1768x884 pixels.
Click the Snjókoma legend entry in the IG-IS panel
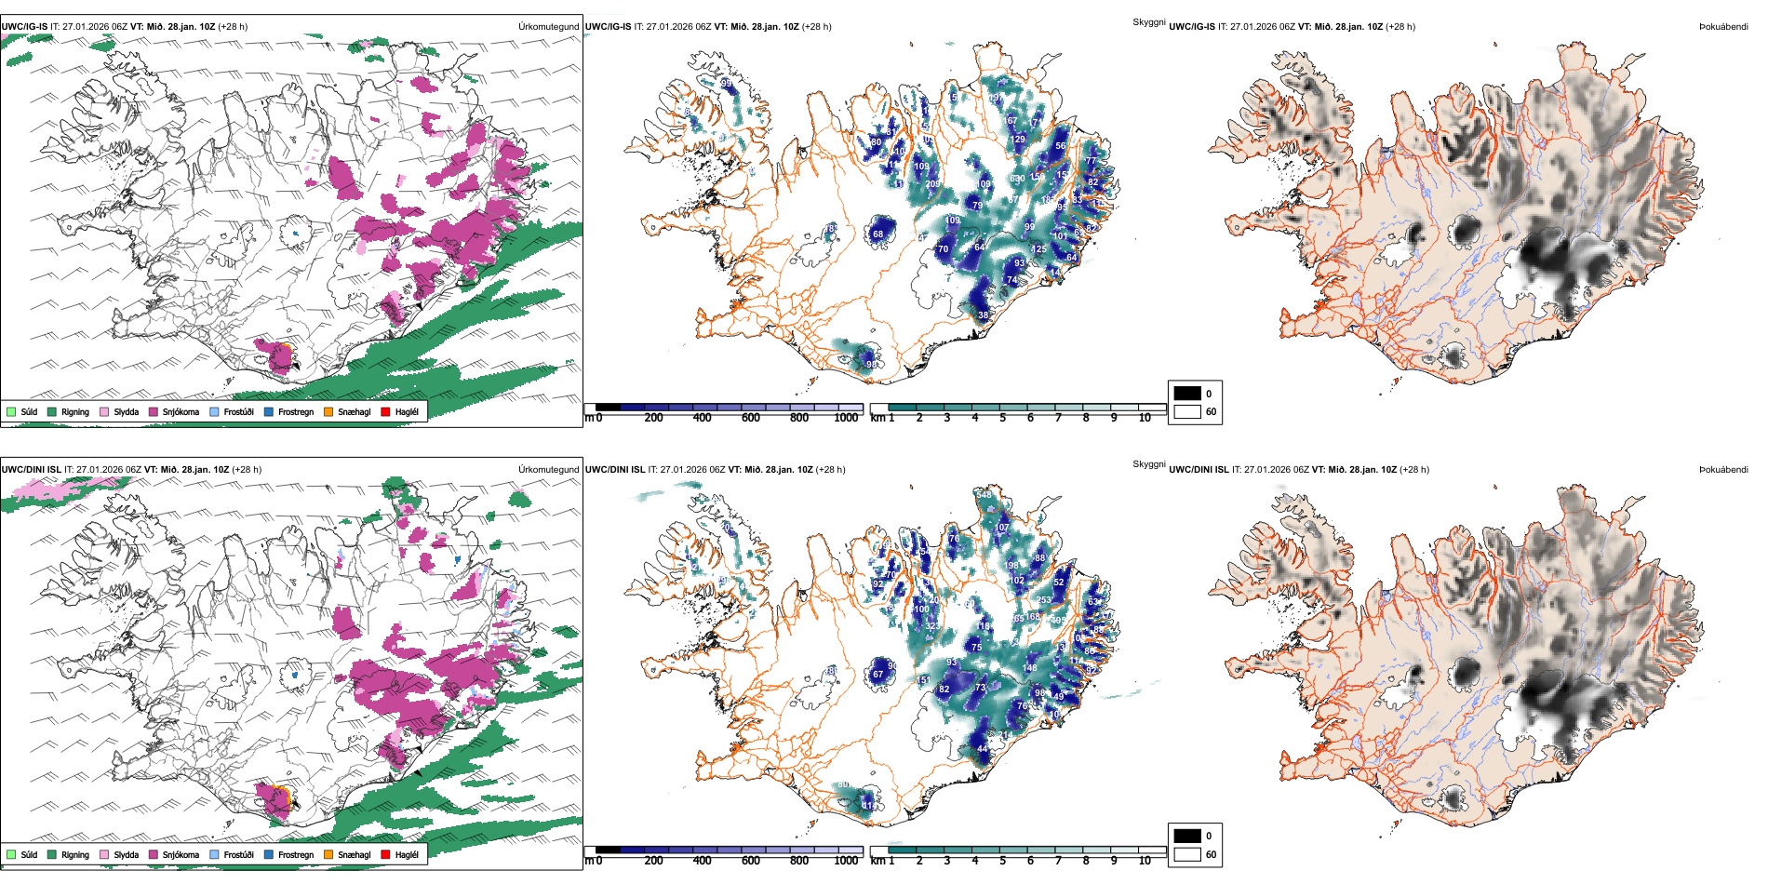pyautogui.click(x=180, y=411)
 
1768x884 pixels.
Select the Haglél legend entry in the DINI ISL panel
pyautogui.click(x=407, y=854)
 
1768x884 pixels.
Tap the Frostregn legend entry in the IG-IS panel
pyautogui.click(x=295, y=411)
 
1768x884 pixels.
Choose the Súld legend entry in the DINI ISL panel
pyautogui.click(x=29, y=854)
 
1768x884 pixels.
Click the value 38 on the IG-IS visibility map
pyautogui.click(x=984, y=315)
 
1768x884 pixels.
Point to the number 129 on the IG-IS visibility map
pyautogui.click(x=1018, y=140)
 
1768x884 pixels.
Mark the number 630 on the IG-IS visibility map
pyautogui.click(x=1017, y=179)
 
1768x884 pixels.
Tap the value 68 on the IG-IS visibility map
pyautogui.click(x=877, y=234)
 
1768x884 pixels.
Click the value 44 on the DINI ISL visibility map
pyautogui.click(x=982, y=749)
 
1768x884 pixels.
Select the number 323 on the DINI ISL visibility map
pyautogui.click(x=931, y=626)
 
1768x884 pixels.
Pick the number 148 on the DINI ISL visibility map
pyautogui.click(x=1029, y=668)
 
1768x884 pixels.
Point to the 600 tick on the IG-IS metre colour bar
pyautogui.click(x=750, y=419)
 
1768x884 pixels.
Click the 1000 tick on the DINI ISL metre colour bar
pyautogui.click(x=846, y=861)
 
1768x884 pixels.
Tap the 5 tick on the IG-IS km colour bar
pyautogui.click(x=1002, y=419)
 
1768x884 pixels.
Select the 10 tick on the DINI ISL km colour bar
pyautogui.click(x=1145, y=861)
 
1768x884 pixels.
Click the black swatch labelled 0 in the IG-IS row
pyautogui.click(x=1187, y=394)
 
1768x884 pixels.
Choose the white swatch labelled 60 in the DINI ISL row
pyautogui.click(x=1187, y=854)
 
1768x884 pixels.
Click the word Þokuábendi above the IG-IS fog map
pyautogui.click(x=1723, y=27)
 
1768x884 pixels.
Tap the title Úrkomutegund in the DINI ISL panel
pyautogui.click(x=548, y=470)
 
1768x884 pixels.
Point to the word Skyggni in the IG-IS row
pyautogui.click(x=1148, y=21)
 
